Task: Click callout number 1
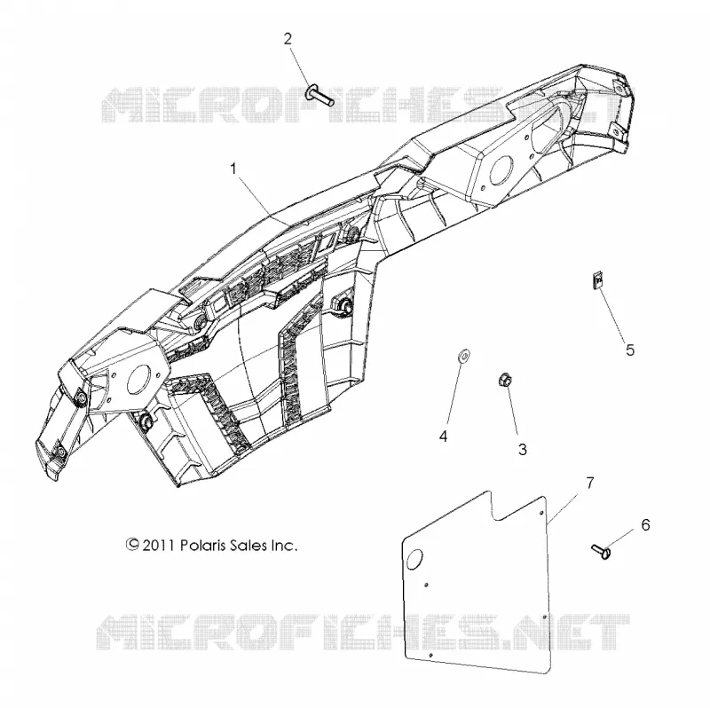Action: click(233, 169)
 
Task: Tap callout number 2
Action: click(288, 39)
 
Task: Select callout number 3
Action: click(523, 450)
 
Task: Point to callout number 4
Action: click(443, 437)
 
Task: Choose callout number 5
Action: click(630, 350)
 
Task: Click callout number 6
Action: click(645, 525)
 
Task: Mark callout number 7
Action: click(589, 484)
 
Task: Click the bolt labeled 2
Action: click(320, 96)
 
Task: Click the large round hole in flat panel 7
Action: click(414, 560)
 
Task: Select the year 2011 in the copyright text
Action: click(159, 545)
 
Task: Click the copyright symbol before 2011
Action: click(131, 544)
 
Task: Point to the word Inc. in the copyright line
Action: click(284, 545)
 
